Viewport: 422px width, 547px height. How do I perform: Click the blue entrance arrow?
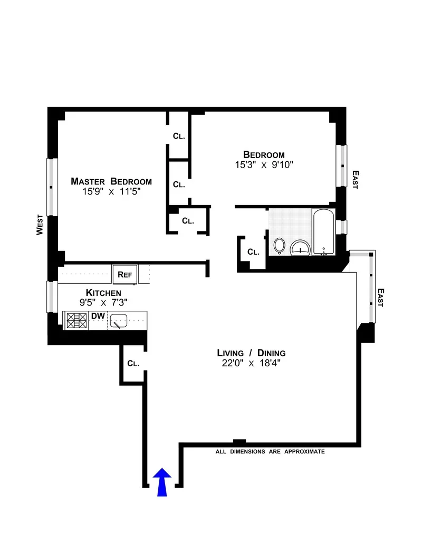click(x=162, y=482)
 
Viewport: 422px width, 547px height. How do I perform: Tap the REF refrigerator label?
click(x=124, y=274)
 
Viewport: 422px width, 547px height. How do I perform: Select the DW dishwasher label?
click(x=98, y=316)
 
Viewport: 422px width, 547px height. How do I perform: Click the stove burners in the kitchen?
click(x=76, y=320)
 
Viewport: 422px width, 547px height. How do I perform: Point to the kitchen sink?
click(x=119, y=320)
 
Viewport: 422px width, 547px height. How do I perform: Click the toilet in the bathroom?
click(x=280, y=246)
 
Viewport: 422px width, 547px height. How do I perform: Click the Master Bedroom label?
click(x=111, y=182)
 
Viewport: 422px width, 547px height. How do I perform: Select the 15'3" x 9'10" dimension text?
click(x=264, y=165)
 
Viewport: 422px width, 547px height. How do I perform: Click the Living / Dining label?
click(x=252, y=353)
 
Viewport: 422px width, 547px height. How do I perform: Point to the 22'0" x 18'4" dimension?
click(x=252, y=363)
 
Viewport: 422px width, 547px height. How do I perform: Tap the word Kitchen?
click(x=104, y=293)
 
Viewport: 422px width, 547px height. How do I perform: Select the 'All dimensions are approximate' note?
click(x=270, y=452)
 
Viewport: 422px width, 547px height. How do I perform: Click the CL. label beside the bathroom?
click(x=253, y=252)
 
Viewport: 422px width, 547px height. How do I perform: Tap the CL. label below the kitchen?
click(x=133, y=364)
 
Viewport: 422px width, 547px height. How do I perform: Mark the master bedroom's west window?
click(x=51, y=187)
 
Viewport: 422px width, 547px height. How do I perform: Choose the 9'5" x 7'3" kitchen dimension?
click(x=104, y=302)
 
